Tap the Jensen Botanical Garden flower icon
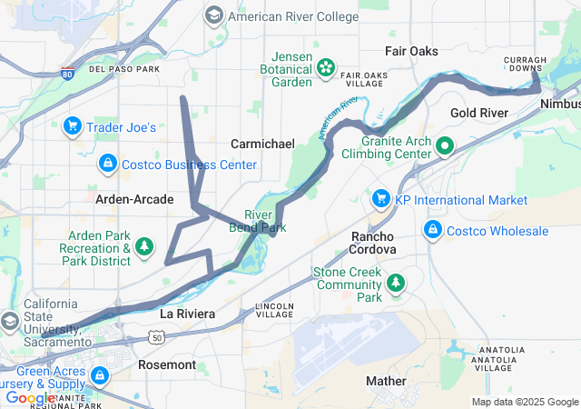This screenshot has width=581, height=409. (x=325, y=65)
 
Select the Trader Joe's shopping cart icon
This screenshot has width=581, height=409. (x=73, y=126)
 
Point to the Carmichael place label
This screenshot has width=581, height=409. (x=262, y=144)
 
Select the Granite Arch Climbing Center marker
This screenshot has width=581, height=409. (x=445, y=145)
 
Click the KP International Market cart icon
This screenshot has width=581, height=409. (x=380, y=199)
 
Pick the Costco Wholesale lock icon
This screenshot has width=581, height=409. (x=433, y=230)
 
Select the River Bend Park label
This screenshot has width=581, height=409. (x=258, y=221)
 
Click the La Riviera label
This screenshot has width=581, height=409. (x=187, y=314)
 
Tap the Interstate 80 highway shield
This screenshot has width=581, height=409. (x=69, y=73)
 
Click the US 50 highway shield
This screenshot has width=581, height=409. (x=157, y=337)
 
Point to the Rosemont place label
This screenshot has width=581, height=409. (x=166, y=364)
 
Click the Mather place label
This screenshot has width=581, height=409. (x=386, y=380)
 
